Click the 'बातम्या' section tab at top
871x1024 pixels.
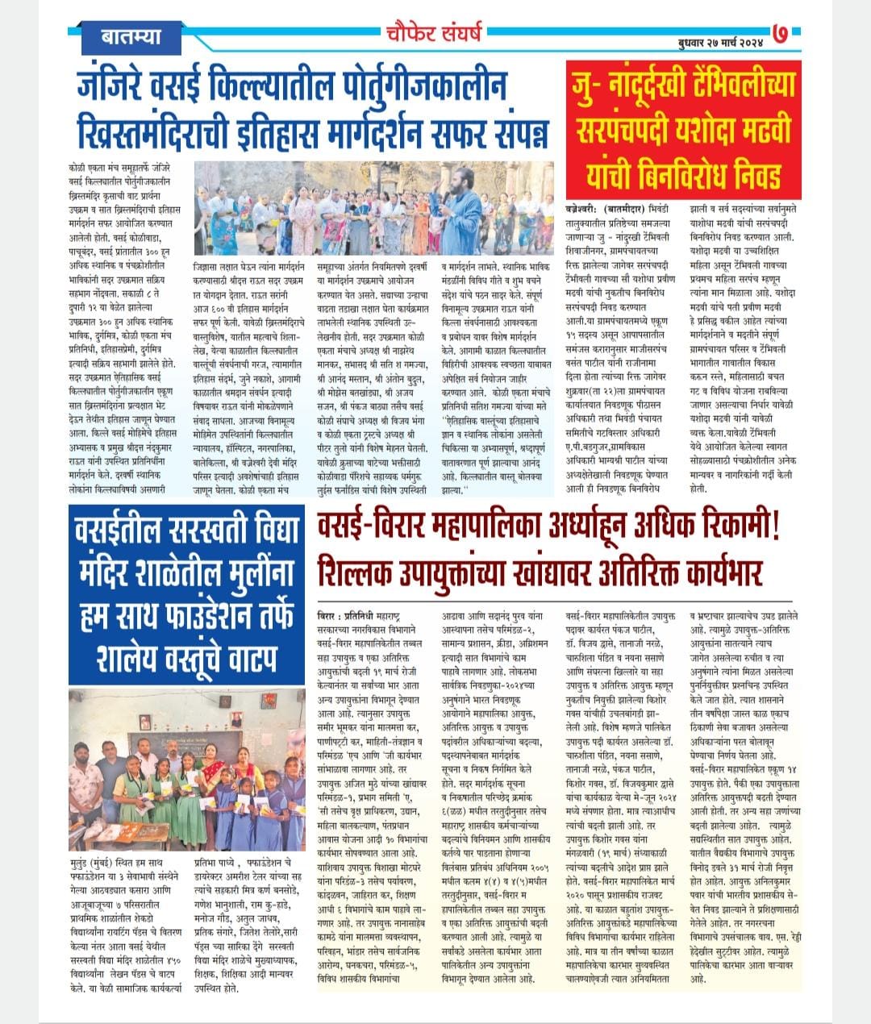pos(132,36)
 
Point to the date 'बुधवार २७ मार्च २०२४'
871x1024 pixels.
pos(719,40)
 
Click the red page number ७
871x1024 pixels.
pos(780,35)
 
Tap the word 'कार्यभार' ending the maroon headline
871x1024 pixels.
pos(705,573)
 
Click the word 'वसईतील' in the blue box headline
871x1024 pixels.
pos(124,533)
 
